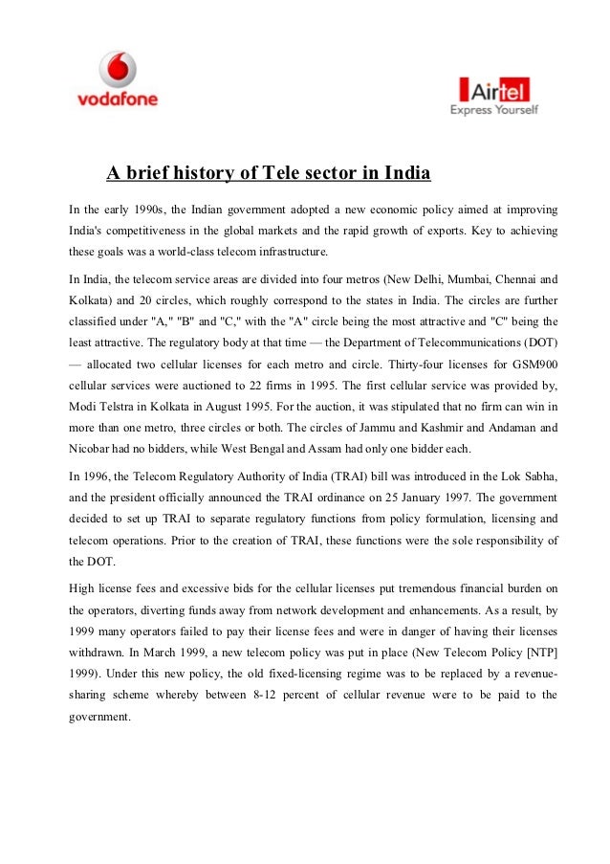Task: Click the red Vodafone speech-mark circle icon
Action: coord(118,68)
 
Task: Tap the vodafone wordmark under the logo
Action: coord(117,99)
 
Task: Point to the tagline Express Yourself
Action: coord(494,110)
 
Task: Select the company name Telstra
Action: coord(119,409)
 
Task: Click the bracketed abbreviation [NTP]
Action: coord(538,651)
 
